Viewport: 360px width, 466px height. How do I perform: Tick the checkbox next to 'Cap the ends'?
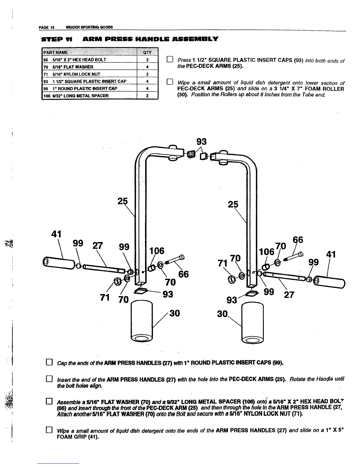(x=49, y=362)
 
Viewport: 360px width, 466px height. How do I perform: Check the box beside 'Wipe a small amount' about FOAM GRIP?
(x=49, y=431)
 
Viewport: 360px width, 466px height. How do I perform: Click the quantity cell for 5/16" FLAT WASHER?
(x=147, y=67)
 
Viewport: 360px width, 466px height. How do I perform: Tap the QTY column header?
(x=147, y=53)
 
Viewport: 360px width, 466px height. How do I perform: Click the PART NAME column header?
(x=56, y=53)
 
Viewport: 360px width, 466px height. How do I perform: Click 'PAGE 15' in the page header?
(x=45, y=27)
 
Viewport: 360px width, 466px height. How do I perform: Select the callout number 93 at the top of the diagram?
(x=201, y=142)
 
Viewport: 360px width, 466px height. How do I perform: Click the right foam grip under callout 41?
(x=329, y=282)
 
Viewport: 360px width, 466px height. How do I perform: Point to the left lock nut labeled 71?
(x=117, y=281)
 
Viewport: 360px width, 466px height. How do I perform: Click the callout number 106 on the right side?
(x=266, y=252)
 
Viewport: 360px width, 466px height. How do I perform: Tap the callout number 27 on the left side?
(x=97, y=246)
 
